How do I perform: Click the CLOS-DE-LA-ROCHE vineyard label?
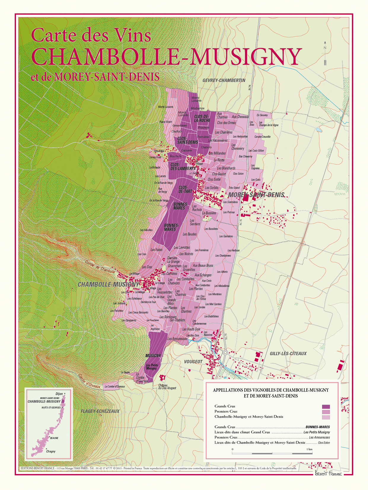202,119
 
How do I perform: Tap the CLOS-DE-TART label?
185,190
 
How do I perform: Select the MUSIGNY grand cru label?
153,356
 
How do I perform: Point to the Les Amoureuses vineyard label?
177,339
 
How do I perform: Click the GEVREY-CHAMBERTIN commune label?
224,80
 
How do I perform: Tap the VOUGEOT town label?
193,362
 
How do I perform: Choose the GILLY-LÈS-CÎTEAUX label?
288,353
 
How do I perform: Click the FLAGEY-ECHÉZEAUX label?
100,411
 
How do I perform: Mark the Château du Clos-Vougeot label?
167,387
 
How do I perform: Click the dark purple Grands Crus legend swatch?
326,406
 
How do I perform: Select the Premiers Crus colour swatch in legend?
326,412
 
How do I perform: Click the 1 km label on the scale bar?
309,449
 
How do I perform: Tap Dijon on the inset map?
59,394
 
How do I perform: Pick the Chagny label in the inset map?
51,451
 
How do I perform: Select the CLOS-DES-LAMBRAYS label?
183,166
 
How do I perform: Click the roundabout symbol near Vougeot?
225,353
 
